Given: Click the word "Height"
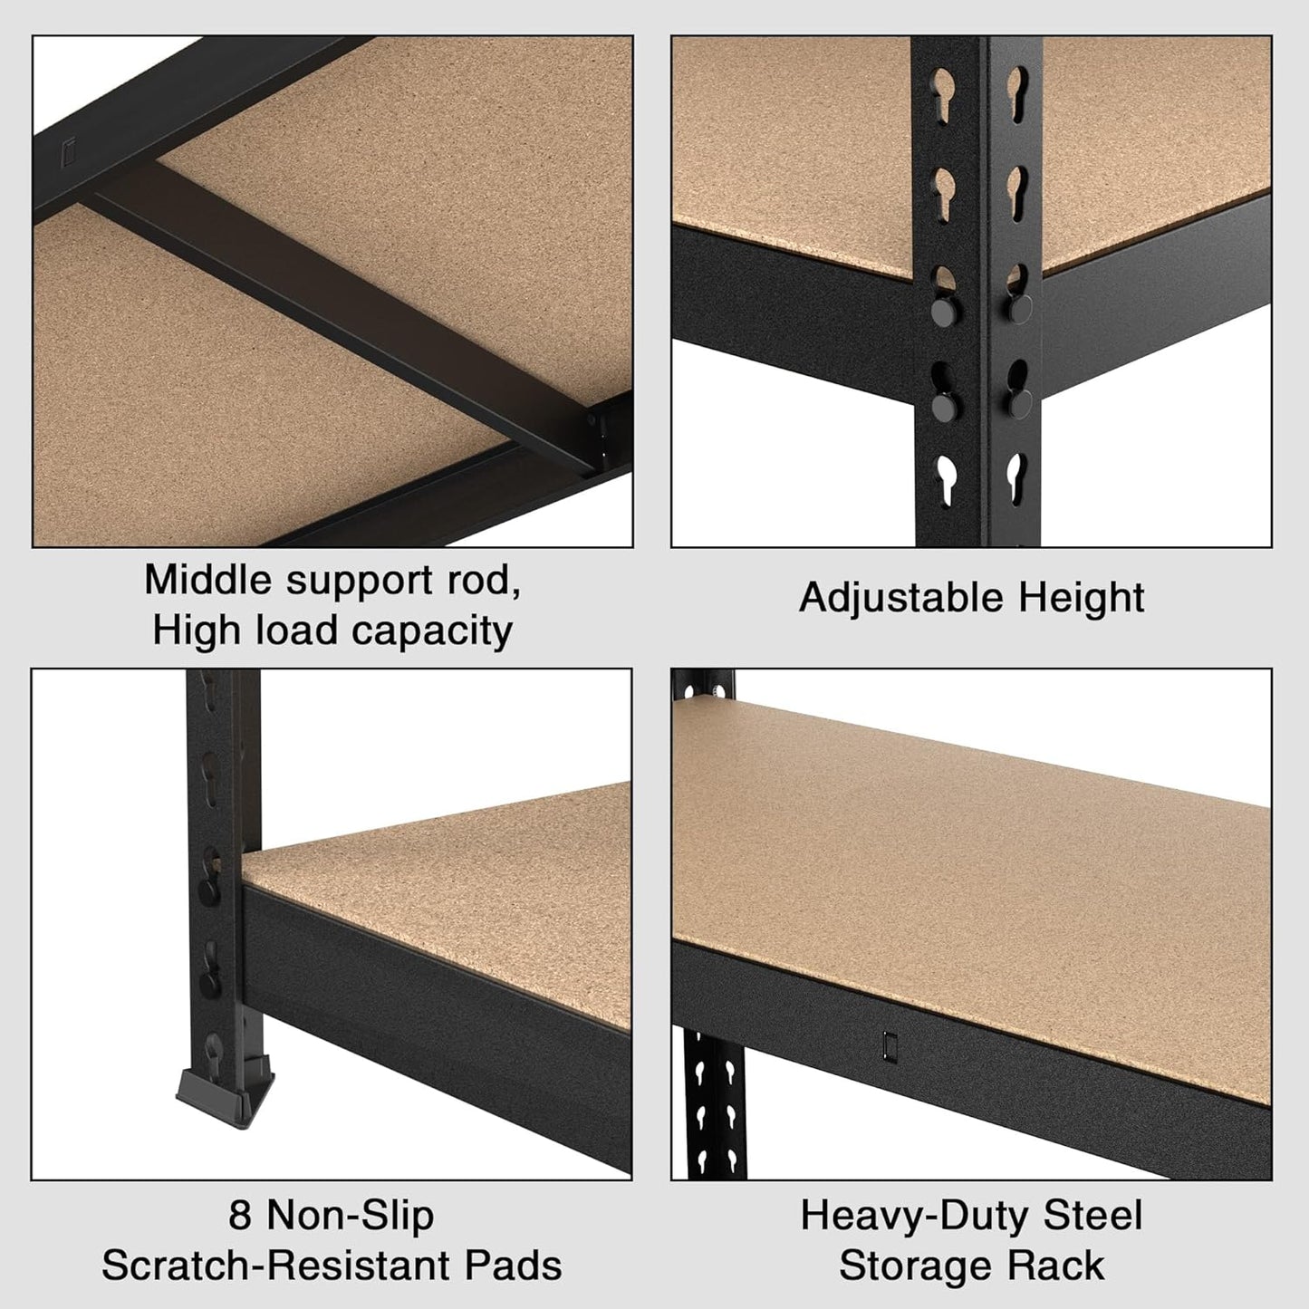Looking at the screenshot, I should coord(1081,598).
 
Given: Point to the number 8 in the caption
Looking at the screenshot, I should coord(240,1215).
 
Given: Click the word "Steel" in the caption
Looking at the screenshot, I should coord(1093,1215).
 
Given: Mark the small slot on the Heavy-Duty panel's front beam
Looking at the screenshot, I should coord(889,1044).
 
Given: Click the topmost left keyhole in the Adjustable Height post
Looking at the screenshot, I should coord(943,94).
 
